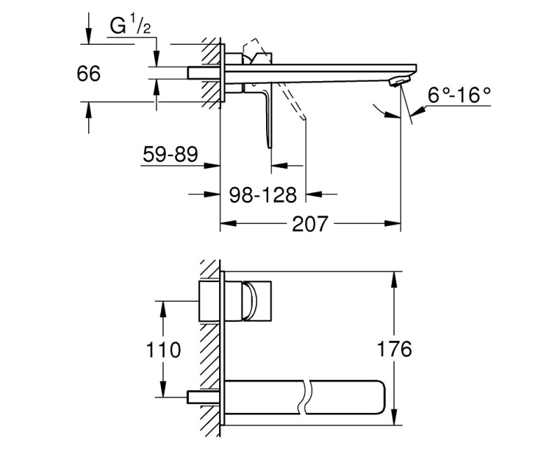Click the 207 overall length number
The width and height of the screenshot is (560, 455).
(x=309, y=225)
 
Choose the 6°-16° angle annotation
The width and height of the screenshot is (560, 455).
(x=460, y=94)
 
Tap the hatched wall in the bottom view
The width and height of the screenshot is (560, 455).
(x=208, y=350)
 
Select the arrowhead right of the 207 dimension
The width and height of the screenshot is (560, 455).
(x=395, y=225)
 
